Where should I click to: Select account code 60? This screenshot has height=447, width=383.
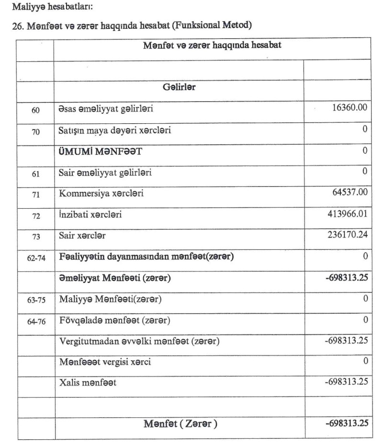click(35, 111)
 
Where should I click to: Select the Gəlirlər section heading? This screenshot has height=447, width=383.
click(179, 88)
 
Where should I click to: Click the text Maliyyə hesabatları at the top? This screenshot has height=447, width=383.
click(45, 8)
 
